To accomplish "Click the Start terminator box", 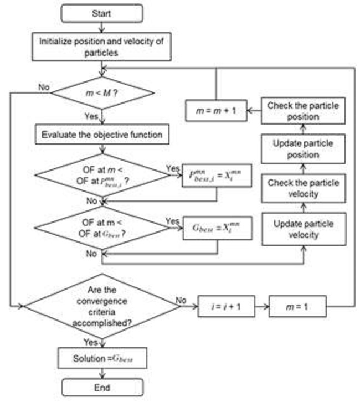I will (x=102, y=13).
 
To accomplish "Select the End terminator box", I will (x=102, y=386).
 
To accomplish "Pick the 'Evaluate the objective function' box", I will (x=102, y=134).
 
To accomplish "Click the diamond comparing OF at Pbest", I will (x=102, y=175).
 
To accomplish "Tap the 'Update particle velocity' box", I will (x=304, y=229).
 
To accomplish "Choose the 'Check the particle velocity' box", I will (x=304, y=188).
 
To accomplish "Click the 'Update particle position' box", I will (x=304, y=149).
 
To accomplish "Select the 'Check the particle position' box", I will (x=304, y=110).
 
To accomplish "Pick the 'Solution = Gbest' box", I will (x=102, y=358).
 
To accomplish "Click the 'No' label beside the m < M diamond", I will (x=43, y=86).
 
